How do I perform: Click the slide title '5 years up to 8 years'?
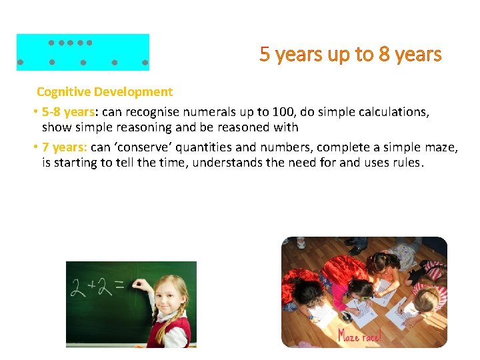tap(351, 54)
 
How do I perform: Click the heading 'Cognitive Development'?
tap(105, 92)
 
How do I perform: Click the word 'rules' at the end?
tap(405, 162)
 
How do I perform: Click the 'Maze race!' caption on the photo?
tap(360, 335)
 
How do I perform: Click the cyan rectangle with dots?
tap(83, 52)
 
